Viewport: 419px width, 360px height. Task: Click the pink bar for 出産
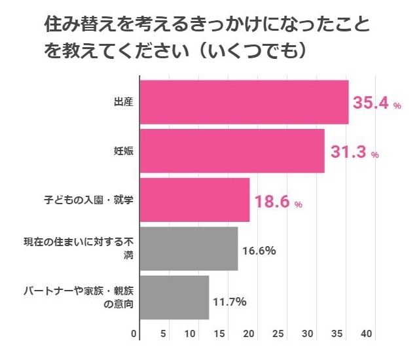pos(244,102)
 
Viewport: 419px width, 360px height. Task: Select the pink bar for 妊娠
pos(232,151)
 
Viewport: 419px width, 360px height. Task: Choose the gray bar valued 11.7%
pos(174,297)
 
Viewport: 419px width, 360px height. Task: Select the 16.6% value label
pos(259,250)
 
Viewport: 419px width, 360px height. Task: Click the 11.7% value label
pos(229,302)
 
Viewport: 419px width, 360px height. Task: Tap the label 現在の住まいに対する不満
pos(79,249)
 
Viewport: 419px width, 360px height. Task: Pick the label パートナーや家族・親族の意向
pos(79,297)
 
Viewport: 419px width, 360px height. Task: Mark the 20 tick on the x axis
pos(249,334)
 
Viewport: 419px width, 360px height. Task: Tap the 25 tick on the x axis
pos(278,334)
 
